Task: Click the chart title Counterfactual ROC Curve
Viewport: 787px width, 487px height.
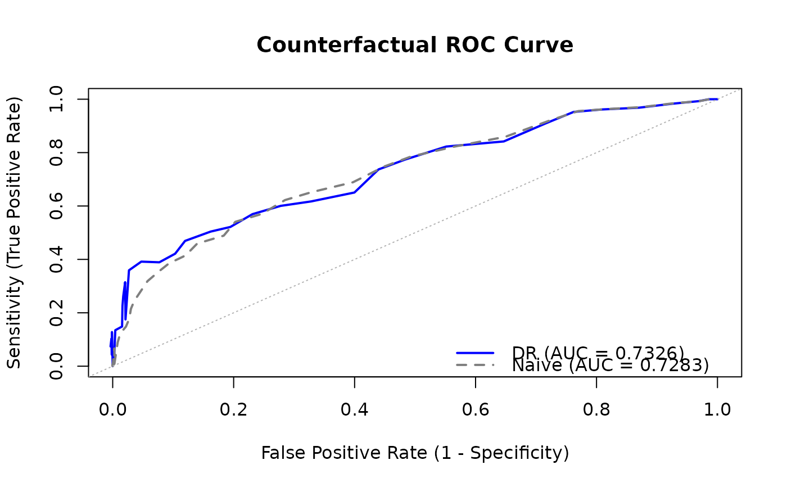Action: tap(415, 45)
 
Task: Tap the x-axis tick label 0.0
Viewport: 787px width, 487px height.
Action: tap(112, 409)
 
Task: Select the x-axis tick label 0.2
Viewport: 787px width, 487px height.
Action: tap(233, 409)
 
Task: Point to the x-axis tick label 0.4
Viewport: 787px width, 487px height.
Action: tap(354, 409)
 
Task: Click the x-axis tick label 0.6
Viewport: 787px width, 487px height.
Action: tap(476, 409)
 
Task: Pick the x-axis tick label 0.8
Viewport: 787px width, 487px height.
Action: tap(596, 409)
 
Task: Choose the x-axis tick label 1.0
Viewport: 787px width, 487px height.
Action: tap(717, 409)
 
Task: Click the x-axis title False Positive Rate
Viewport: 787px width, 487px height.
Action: tap(415, 453)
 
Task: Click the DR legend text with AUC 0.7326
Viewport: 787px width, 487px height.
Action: tap(598, 353)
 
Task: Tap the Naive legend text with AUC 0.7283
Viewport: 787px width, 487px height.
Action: tap(610, 366)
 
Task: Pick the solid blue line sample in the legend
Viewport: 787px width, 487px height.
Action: tap(475, 353)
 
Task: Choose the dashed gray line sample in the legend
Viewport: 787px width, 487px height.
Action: tap(475, 366)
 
